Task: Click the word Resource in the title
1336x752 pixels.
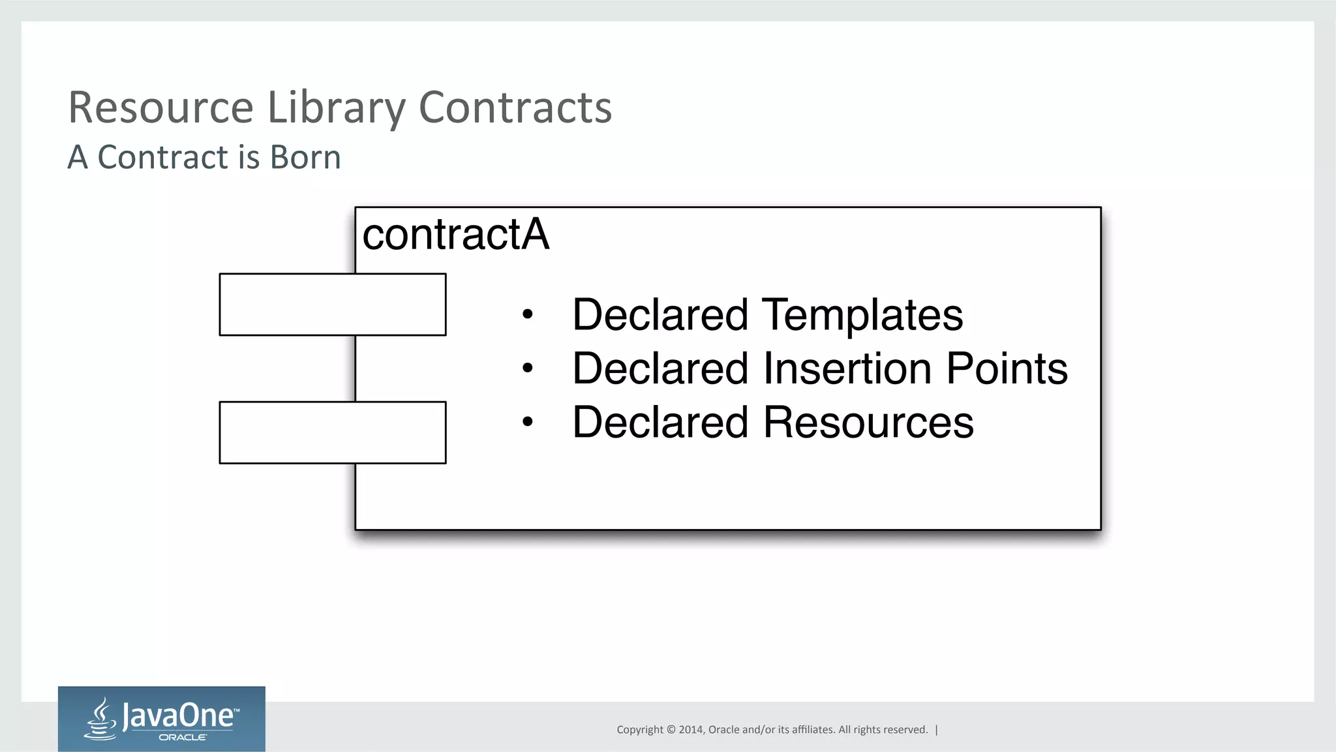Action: point(160,108)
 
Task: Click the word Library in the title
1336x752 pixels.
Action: point(337,108)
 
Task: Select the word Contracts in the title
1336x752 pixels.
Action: point(515,108)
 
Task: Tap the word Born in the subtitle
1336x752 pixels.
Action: point(305,158)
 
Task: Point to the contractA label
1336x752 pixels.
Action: point(455,235)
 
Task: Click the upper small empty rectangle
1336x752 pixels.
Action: point(333,305)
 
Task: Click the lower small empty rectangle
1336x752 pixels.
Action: point(333,432)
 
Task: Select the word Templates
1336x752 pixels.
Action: point(862,315)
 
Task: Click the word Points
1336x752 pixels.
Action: point(1007,368)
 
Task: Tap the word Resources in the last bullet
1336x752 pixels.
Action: point(868,423)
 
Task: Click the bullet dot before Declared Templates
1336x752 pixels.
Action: point(528,315)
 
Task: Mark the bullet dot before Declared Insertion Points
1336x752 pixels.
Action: point(528,368)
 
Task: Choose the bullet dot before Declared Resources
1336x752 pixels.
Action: point(528,422)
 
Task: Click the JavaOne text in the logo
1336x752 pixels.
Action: point(177,716)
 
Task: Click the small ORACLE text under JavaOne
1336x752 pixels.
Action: point(183,738)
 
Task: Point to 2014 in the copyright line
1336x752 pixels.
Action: point(691,730)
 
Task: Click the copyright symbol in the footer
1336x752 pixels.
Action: point(671,730)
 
